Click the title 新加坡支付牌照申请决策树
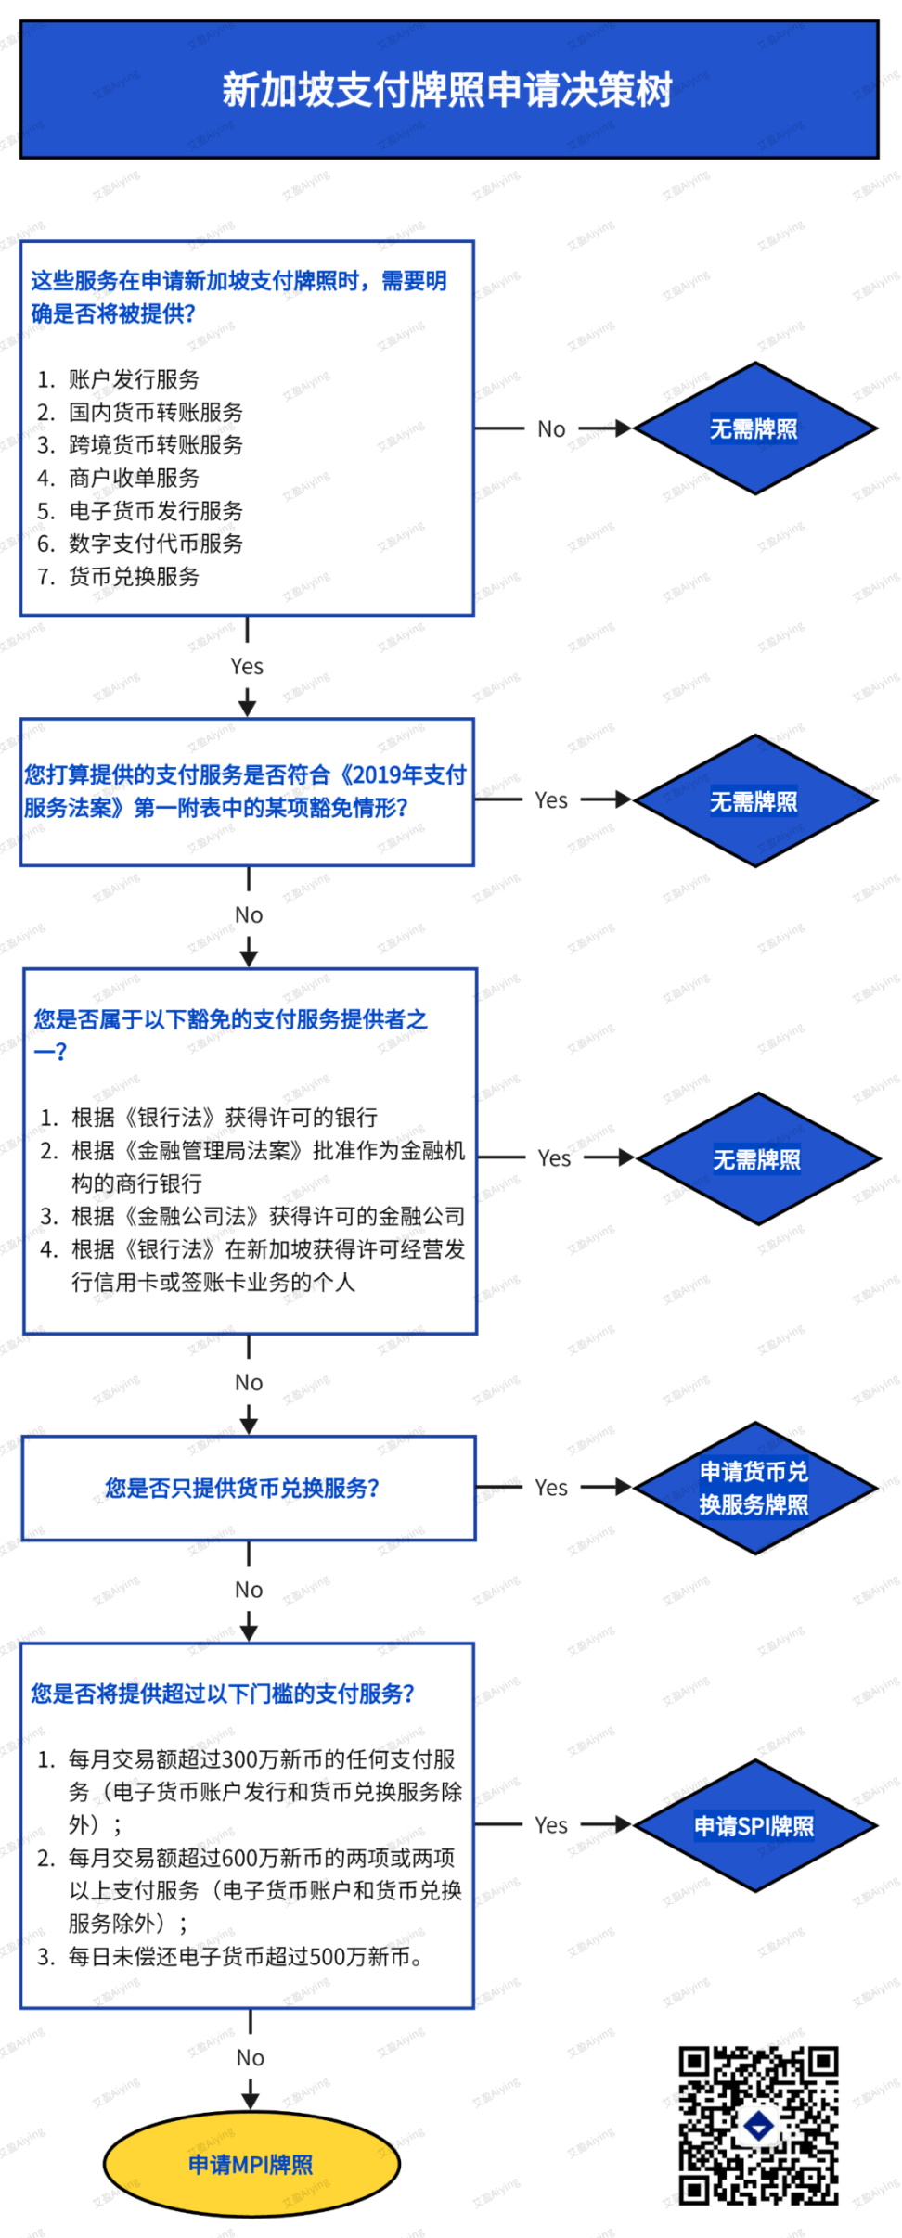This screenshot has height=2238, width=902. click(x=447, y=90)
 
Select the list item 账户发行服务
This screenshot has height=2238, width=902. click(x=134, y=379)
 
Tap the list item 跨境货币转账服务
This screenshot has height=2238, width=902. click(x=155, y=445)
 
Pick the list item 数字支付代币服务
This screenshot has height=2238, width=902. click(x=155, y=544)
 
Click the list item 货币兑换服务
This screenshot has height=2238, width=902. click(x=134, y=577)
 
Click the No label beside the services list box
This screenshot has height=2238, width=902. click(x=551, y=429)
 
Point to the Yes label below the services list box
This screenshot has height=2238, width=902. click(x=247, y=667)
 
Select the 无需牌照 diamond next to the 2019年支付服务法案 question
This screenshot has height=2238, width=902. click(x=754, y=801)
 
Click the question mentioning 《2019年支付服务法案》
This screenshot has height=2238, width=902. click(x=246, y=791)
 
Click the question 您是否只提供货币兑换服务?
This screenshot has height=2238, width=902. click(x=242, y=1489)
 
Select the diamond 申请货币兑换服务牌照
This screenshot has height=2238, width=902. click(x=754, y=1488)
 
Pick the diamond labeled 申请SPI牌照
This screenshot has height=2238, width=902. click(x=754, y=1826)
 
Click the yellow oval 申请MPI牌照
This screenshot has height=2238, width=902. click(x=251, y=2165)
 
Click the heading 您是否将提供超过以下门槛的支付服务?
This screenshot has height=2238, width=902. click(x=223, y=1694)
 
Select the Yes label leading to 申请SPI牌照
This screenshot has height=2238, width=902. click(x=551, y=1825)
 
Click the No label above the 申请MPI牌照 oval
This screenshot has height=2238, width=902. click(x=251, y=2058)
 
